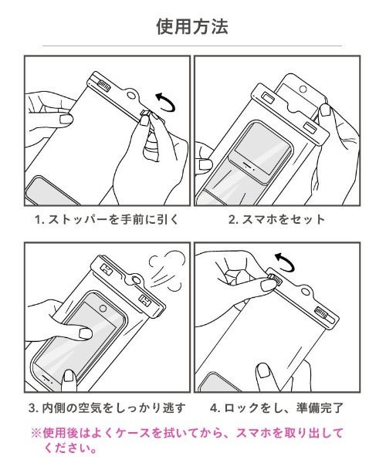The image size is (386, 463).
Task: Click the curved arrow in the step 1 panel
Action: [x=164, y=100]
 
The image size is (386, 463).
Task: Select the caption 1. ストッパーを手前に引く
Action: [x=107, y=220]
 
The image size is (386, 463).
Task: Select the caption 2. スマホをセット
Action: [x=276, y=220]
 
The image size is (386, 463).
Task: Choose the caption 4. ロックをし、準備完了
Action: [x=276, y=407]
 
